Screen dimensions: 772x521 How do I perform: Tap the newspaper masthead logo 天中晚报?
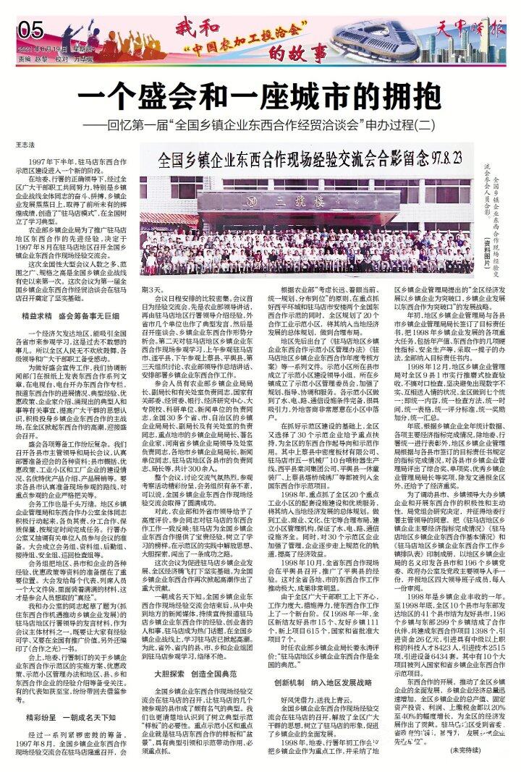[472, 32]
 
